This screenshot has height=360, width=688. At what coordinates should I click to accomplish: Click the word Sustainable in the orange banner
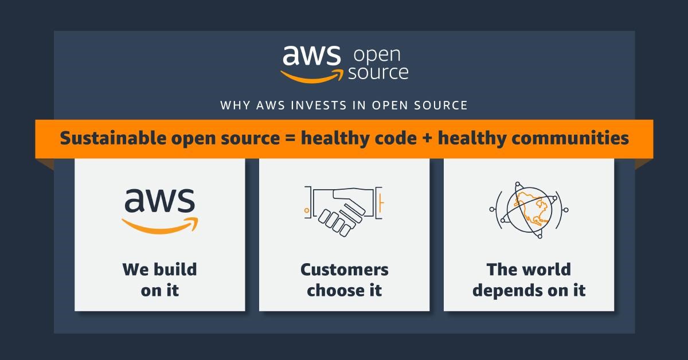point(114,138)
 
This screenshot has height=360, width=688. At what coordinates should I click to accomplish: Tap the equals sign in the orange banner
point(290,138)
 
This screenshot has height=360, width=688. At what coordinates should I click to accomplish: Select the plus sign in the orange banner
point(427,138)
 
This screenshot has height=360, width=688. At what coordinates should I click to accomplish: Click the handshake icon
point(344,211)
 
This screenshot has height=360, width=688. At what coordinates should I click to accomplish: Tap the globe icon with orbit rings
point(529,210)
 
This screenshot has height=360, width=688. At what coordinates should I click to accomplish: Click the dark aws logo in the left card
point(160,211)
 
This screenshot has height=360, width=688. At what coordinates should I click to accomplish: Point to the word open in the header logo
point(377,55)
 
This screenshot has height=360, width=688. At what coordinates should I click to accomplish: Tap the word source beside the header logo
point(378,73)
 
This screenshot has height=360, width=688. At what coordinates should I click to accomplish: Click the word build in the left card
point(175,269)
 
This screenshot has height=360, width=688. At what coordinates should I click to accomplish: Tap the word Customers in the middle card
point(345,269)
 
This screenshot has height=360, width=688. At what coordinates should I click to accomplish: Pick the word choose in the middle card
point(334,290)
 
